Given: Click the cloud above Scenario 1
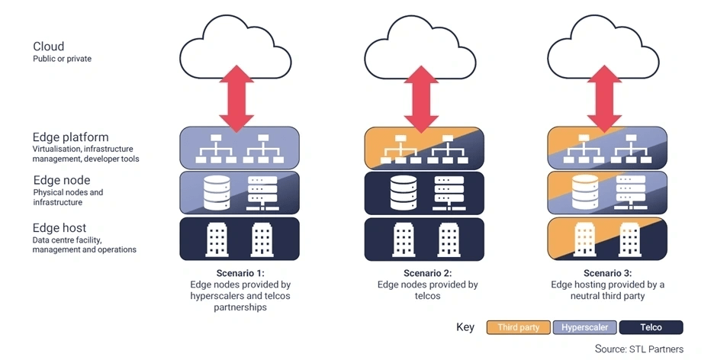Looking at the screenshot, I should pos(239,51).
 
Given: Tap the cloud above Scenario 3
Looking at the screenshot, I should pos(607,51).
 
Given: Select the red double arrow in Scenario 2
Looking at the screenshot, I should pos(423,98).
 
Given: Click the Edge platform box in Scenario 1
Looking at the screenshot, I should pos(239,147).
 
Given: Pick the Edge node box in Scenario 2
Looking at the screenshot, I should pos(423,192).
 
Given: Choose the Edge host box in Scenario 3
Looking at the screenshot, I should pos(607,238).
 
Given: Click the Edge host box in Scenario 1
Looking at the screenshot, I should pos(239,238).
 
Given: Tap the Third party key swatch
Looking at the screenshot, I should pos(518,327).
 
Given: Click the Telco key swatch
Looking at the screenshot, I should pos(651,327).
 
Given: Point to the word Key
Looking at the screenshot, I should pos(465,327).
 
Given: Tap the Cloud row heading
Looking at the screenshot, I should pos(49,47).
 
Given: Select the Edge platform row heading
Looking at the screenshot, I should pos(70,137).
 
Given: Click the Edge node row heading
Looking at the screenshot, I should pos(62,180).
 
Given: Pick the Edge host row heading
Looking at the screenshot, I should pos(59,227).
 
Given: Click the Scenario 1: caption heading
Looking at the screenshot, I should pos(239,272).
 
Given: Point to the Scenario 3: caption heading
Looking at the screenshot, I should pos(607,272).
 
